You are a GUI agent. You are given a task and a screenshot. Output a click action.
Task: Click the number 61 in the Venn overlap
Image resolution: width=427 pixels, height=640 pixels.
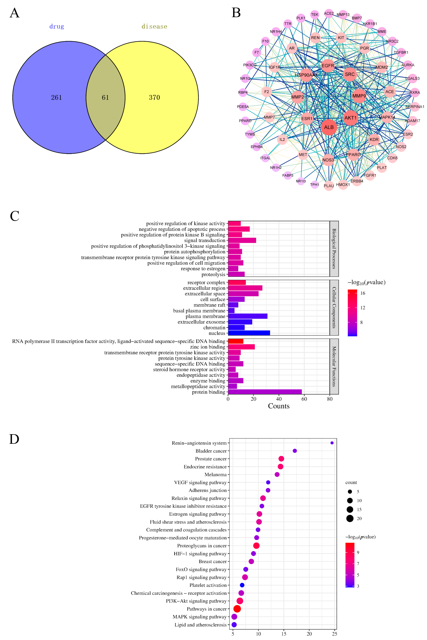(105, 98)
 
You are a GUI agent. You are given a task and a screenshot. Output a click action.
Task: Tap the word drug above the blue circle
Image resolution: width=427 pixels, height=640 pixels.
(57, 26)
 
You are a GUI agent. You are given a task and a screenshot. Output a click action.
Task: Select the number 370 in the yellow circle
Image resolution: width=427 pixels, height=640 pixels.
(154, 98)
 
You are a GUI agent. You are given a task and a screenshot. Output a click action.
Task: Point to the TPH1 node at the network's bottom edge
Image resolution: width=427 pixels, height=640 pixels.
(315, 185)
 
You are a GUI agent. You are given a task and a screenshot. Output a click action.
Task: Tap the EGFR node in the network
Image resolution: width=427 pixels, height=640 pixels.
(328, 66)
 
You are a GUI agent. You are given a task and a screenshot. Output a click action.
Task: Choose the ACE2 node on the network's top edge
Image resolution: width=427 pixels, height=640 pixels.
(329, 13)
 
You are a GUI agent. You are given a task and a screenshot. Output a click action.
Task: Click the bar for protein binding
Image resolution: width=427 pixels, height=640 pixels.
(265, 392)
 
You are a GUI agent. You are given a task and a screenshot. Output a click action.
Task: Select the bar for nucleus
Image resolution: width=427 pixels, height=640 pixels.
(249, 333)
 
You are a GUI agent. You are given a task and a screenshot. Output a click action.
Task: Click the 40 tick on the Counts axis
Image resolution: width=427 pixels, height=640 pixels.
(279, 399)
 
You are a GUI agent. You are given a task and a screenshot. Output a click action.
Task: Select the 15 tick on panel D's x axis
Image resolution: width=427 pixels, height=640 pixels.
(284, 634)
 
